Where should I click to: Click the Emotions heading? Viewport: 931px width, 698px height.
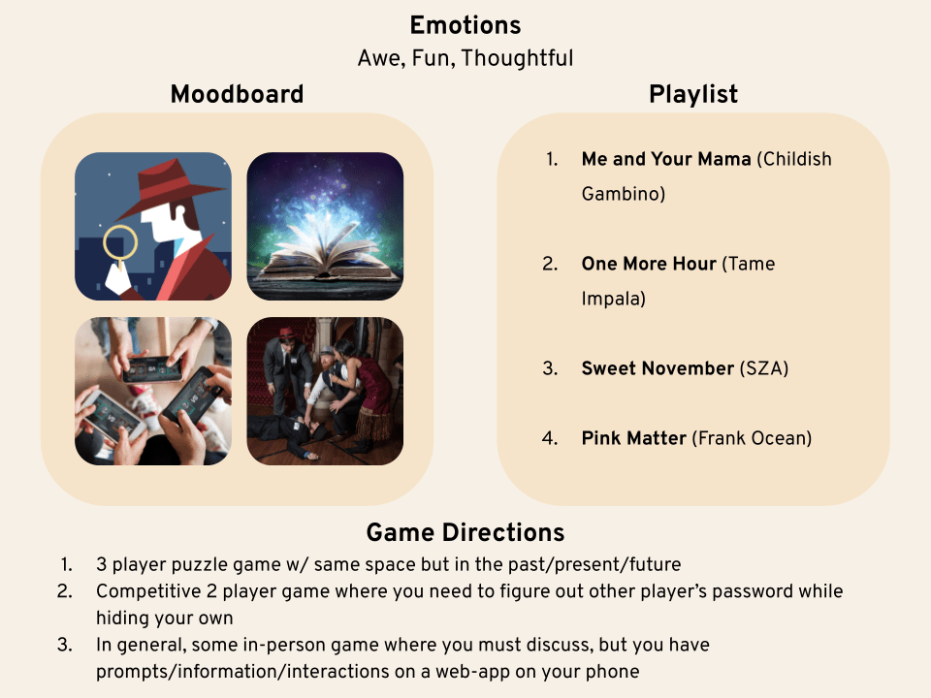tap(465, 25)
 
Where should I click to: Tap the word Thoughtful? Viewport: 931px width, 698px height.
tap(517, 58)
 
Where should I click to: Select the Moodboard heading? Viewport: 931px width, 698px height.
tap(237, 94)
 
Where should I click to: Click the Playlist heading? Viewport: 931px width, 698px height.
tap(692, 94)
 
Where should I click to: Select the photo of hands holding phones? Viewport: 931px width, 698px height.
tap(153, 391)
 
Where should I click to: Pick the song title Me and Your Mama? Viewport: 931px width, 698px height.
tap(666, 159)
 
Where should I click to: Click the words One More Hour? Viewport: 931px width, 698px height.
tap(649, 264)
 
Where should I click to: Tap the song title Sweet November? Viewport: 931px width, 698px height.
tap(658, 368)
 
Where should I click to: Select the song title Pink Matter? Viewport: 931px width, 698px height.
tap(634, 438)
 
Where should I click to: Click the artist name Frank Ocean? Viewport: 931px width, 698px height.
tap(753, 438)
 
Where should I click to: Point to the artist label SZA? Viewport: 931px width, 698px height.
tap(764, 368)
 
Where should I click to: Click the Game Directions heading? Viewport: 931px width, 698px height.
tap(465, 532)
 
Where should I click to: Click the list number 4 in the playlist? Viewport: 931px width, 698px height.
tap(550, 438)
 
